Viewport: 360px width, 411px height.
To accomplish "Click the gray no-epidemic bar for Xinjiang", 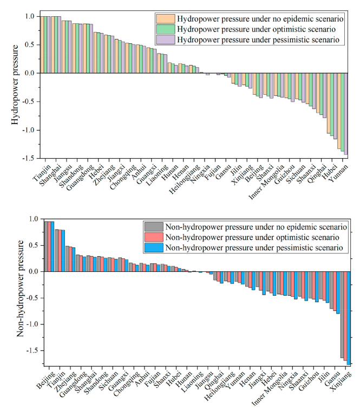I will point(342,315).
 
